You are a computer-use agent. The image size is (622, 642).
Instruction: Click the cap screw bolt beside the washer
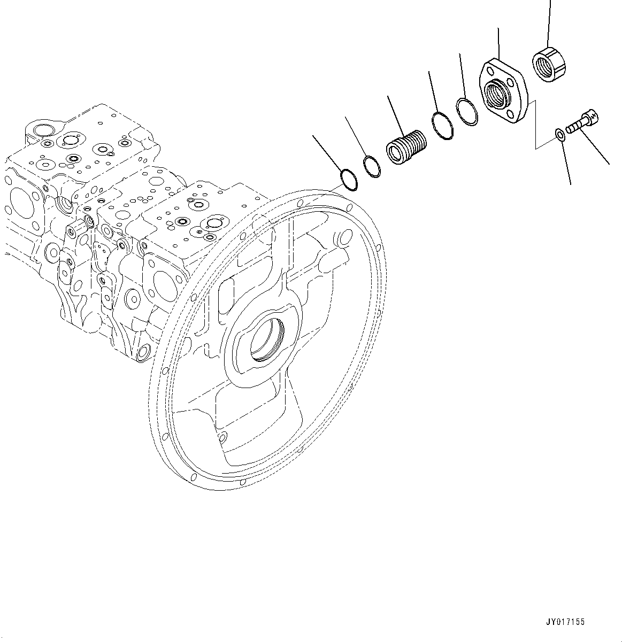tap(582, 122)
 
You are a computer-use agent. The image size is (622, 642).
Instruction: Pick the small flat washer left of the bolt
tap(558, 133)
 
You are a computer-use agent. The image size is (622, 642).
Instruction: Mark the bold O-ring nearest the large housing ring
tap(349, 179)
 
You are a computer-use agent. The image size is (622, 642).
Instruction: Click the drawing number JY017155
tap(565, 622)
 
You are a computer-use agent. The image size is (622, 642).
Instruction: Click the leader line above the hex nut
tap(549, 21)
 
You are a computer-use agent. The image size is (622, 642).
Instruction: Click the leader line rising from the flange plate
tap(498, 43)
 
